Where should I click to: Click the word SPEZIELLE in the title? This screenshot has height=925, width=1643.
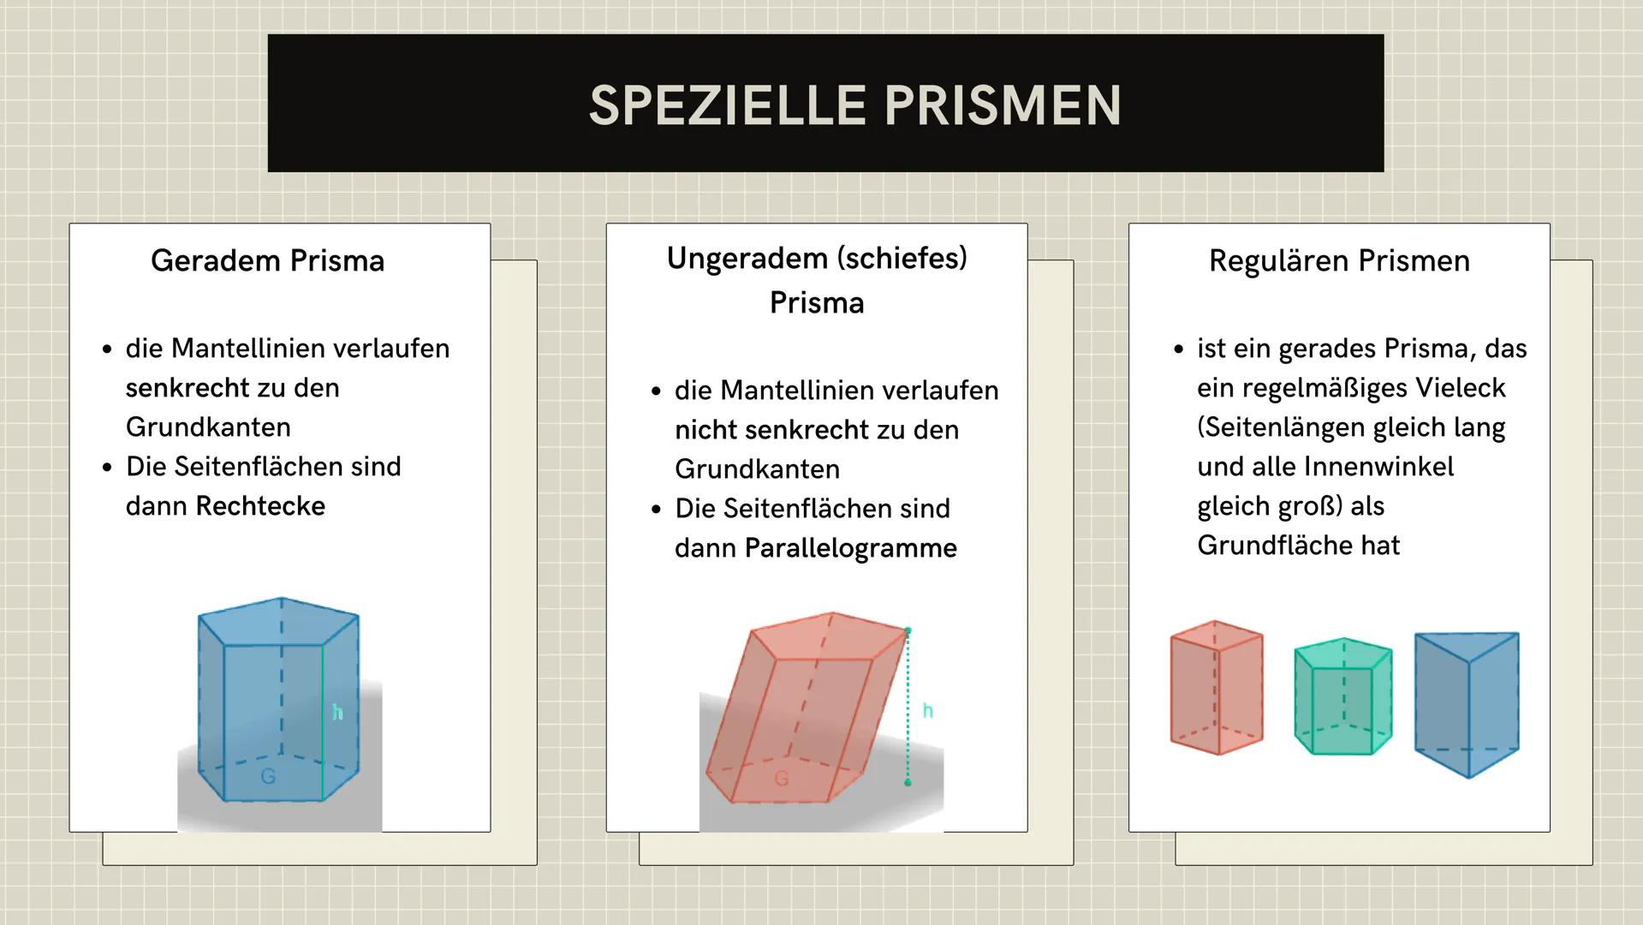[728, 105]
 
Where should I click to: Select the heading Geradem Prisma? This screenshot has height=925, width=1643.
[267, 260]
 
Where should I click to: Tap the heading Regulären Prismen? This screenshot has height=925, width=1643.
[1339, 260]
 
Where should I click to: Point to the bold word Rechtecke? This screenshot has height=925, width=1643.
[260, 506]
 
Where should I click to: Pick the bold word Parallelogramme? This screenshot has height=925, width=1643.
[850, 548]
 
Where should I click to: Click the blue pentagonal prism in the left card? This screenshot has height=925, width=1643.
[278, 698]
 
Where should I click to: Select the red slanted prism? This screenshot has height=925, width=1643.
[805, 707]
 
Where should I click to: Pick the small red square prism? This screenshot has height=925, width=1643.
[1216, 688]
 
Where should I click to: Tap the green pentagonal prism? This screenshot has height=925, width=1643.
[1342, 695]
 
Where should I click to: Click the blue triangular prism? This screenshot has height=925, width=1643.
[1466, 702]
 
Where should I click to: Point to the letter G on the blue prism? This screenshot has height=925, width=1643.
[268, 776]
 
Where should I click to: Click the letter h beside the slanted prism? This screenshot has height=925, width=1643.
[927, 711]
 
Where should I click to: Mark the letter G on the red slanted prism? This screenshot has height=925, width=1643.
[781, 779]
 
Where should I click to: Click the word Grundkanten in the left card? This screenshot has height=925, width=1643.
[208, 427]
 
